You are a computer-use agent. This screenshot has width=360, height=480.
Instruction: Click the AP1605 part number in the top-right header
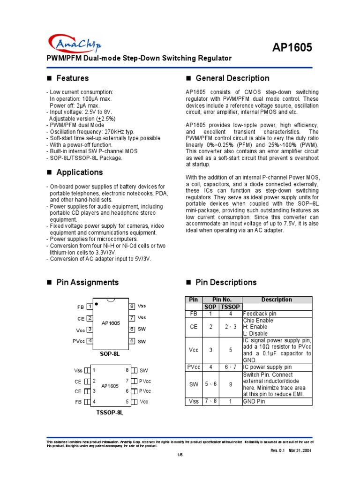click(292, 47)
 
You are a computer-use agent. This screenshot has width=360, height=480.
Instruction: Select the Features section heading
click(72, 78)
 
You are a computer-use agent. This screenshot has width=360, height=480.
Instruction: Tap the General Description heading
click(232, 78)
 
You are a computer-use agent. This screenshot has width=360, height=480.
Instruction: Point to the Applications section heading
click(79, 172)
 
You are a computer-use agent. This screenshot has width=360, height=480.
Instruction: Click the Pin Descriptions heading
click(226, 282)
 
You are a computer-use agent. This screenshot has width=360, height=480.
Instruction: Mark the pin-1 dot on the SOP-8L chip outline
click(97, 304)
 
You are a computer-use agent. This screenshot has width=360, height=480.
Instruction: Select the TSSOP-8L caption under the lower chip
click(110, 413)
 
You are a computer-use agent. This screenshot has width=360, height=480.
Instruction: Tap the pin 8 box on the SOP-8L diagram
click(132, 306)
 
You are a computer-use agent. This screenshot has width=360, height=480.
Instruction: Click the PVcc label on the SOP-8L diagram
click(79, 341)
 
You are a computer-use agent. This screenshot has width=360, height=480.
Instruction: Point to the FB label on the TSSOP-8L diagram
click(78, 402)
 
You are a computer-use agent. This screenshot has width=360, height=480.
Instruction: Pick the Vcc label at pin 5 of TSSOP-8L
click(144, 402)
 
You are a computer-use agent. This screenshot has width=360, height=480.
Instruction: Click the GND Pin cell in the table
click(255, 401)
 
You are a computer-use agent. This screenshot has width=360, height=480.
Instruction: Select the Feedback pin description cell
click(260, 314)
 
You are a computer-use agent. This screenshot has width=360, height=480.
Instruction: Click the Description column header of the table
click(277, 300)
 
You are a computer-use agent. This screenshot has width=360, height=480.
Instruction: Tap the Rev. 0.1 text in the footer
click(280, 450)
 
